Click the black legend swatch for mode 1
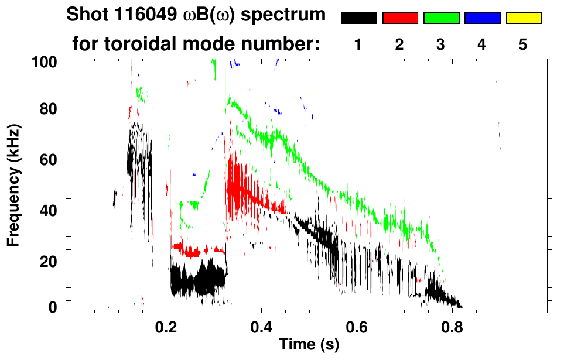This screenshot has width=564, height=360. click(x=358, y=18)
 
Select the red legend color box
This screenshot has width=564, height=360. click(x=400, y=18)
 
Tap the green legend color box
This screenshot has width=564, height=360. click(x=441, y=18)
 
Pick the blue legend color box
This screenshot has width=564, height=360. click(x=482, y=18)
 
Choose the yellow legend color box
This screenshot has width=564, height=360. click(x=524, y=18)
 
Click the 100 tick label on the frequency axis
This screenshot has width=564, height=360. click(x=44, y=61)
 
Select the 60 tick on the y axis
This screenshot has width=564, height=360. click(x=48, y=160)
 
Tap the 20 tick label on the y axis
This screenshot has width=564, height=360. click(x=48, y=262)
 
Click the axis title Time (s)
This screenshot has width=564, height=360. click(x=309, y=345)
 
